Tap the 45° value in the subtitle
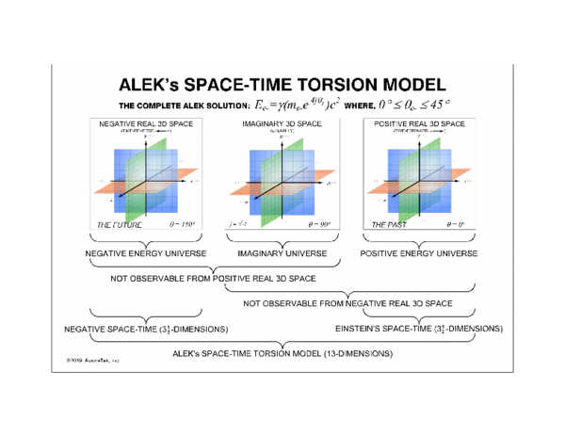[x=431, y=105]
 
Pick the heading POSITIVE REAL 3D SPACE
[x=419, y=123]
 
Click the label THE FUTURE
[x=117, y=225]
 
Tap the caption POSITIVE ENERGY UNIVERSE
[x=419, y=253]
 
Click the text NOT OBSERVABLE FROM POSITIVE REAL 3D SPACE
[x=213, y=278]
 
